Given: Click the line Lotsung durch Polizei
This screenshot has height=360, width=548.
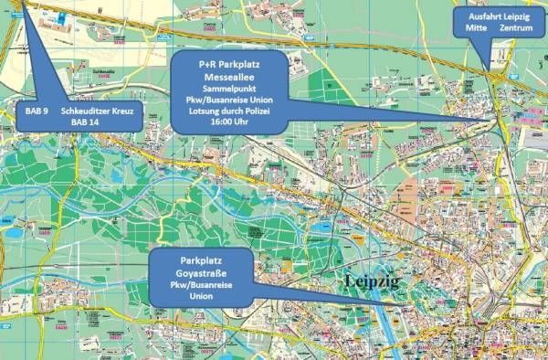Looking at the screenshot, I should [x=228, y=111].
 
